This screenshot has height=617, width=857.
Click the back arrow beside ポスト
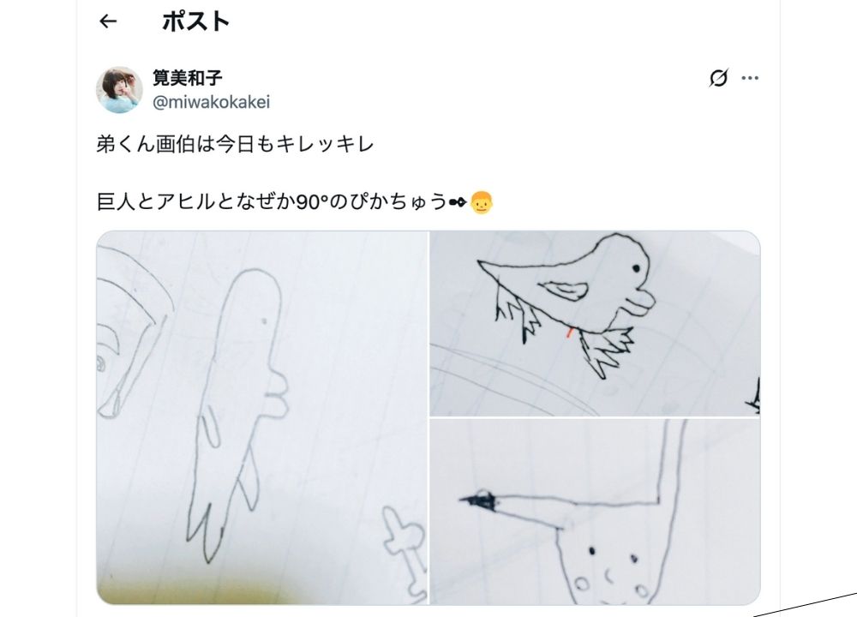(x=108, y=21)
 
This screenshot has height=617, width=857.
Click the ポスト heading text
(x=195, y=22)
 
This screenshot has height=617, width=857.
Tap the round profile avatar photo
(x=120, y=90)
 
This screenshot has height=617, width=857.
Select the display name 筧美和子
(x=188, y=78)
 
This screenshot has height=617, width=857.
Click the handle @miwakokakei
(x=211, y=102)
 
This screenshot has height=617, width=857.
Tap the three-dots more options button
(x=750, y=78)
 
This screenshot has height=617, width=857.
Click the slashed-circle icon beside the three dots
(x=719, y=78)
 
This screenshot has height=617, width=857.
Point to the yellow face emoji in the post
(x=482, y=202)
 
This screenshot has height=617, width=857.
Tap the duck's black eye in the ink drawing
(x=636, y=268)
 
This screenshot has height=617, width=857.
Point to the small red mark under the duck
(x=570, y=332)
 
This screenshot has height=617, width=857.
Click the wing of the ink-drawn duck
(x=564, y=291)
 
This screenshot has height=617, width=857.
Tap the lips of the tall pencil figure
(x=277, y=394)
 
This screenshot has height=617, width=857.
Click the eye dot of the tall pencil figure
(x=265, y=321)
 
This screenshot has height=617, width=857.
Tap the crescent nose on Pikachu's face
(x=608, y=575)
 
